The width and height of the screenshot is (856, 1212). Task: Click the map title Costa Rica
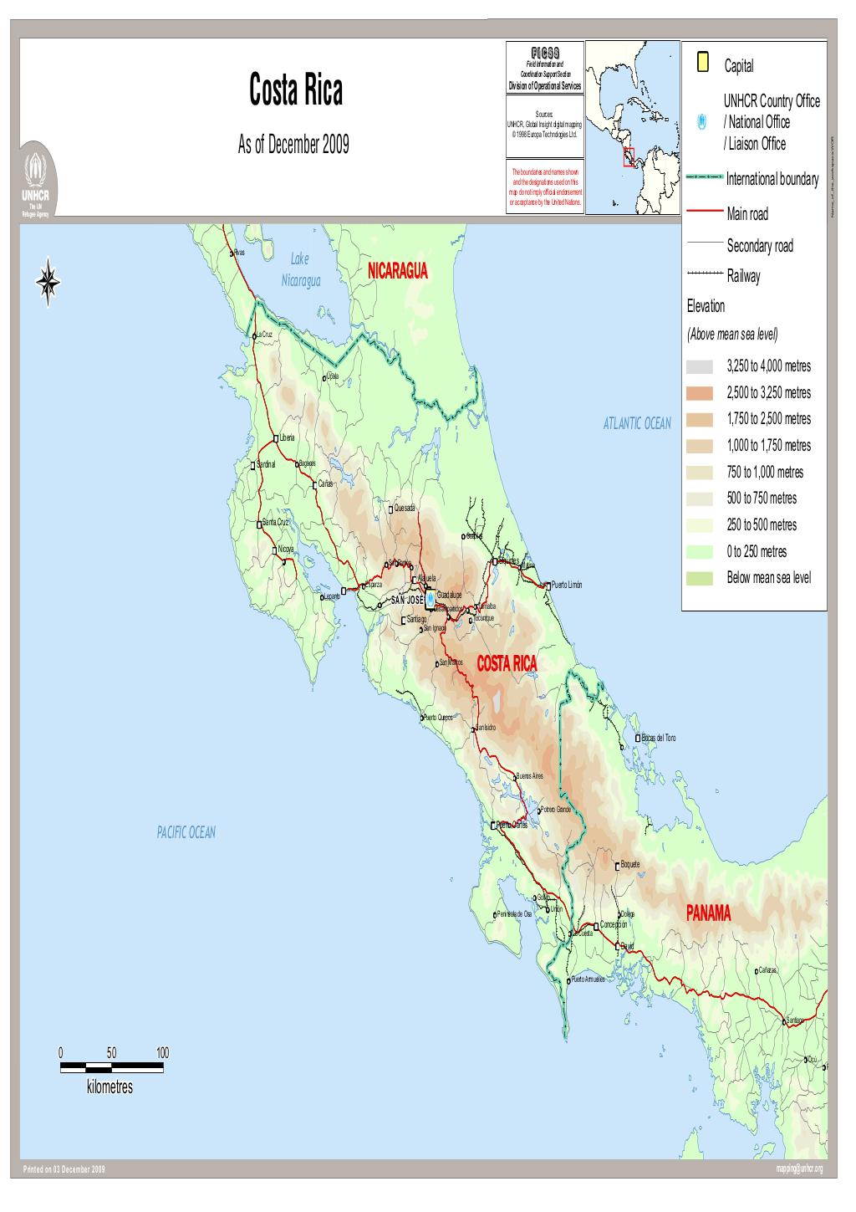[295, 91]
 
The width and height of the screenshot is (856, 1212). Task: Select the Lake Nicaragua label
[300, 270]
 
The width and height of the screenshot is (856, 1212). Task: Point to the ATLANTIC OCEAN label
[636, 423]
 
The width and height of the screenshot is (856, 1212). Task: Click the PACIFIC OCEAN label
[186, 831]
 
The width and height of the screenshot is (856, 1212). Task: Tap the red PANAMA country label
[708, 913]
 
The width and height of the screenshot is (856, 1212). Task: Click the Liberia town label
[287, 437]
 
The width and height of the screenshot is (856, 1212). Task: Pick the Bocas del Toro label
[659, 738]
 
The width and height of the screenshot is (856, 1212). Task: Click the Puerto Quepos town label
[438, 717]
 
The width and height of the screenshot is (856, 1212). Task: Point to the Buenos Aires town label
[530, 775]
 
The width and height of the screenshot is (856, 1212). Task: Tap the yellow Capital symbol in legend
[703, 62]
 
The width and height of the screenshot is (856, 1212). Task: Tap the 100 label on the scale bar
[162, 1052]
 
